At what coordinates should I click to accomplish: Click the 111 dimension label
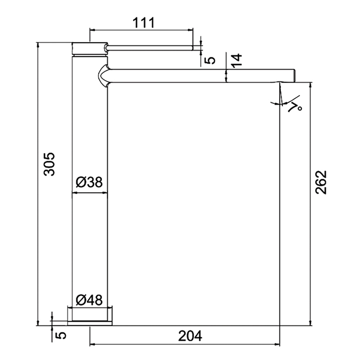click(x=144, y=23)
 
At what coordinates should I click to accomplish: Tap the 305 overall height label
click(x=49, y=164)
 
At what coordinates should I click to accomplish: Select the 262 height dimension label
click(x=321, y=182)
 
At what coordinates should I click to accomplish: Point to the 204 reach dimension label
click(x=190, y=336)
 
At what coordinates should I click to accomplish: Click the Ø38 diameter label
click(x=89, y=182)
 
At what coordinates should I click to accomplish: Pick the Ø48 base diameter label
click(x=89, y=300)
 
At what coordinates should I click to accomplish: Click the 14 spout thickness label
click(x=237, y=61)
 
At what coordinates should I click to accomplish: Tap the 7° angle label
click(x=295, y=107)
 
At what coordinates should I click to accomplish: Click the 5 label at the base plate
click(x=61, y=335)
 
